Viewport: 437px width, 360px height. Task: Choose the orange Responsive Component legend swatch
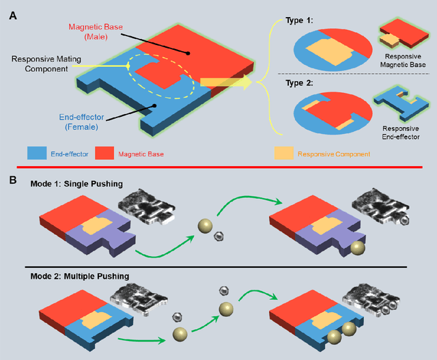tap(284, 154)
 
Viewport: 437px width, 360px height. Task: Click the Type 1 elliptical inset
tap(333, 51)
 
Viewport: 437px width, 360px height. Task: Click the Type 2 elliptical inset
tap(333, 116)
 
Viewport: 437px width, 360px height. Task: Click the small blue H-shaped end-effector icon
tap(404, 107)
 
